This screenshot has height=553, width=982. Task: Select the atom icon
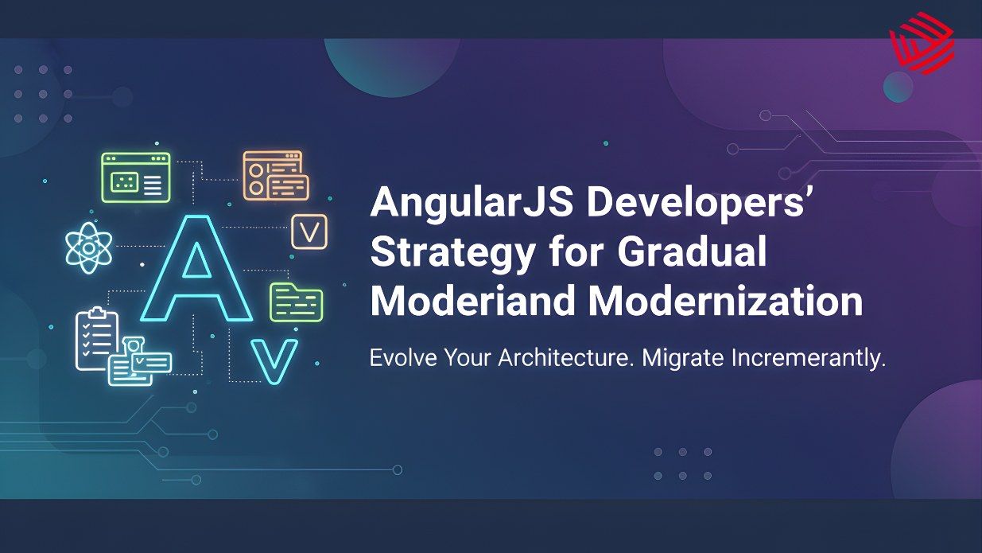point(88,246)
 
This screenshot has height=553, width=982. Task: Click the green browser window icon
point(136,177)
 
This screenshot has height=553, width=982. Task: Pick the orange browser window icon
point(275,175)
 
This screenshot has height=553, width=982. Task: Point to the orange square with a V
point(309,232)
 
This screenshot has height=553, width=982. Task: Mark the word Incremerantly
point(804,359)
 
